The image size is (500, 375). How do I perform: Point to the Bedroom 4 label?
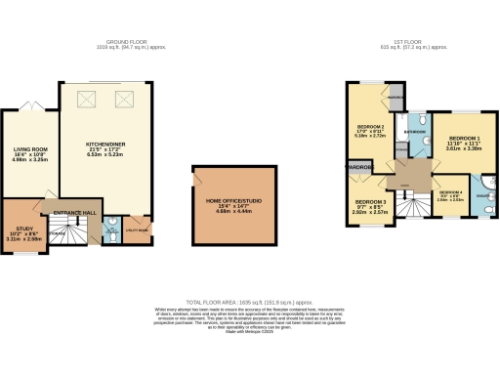tap(450, 193)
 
